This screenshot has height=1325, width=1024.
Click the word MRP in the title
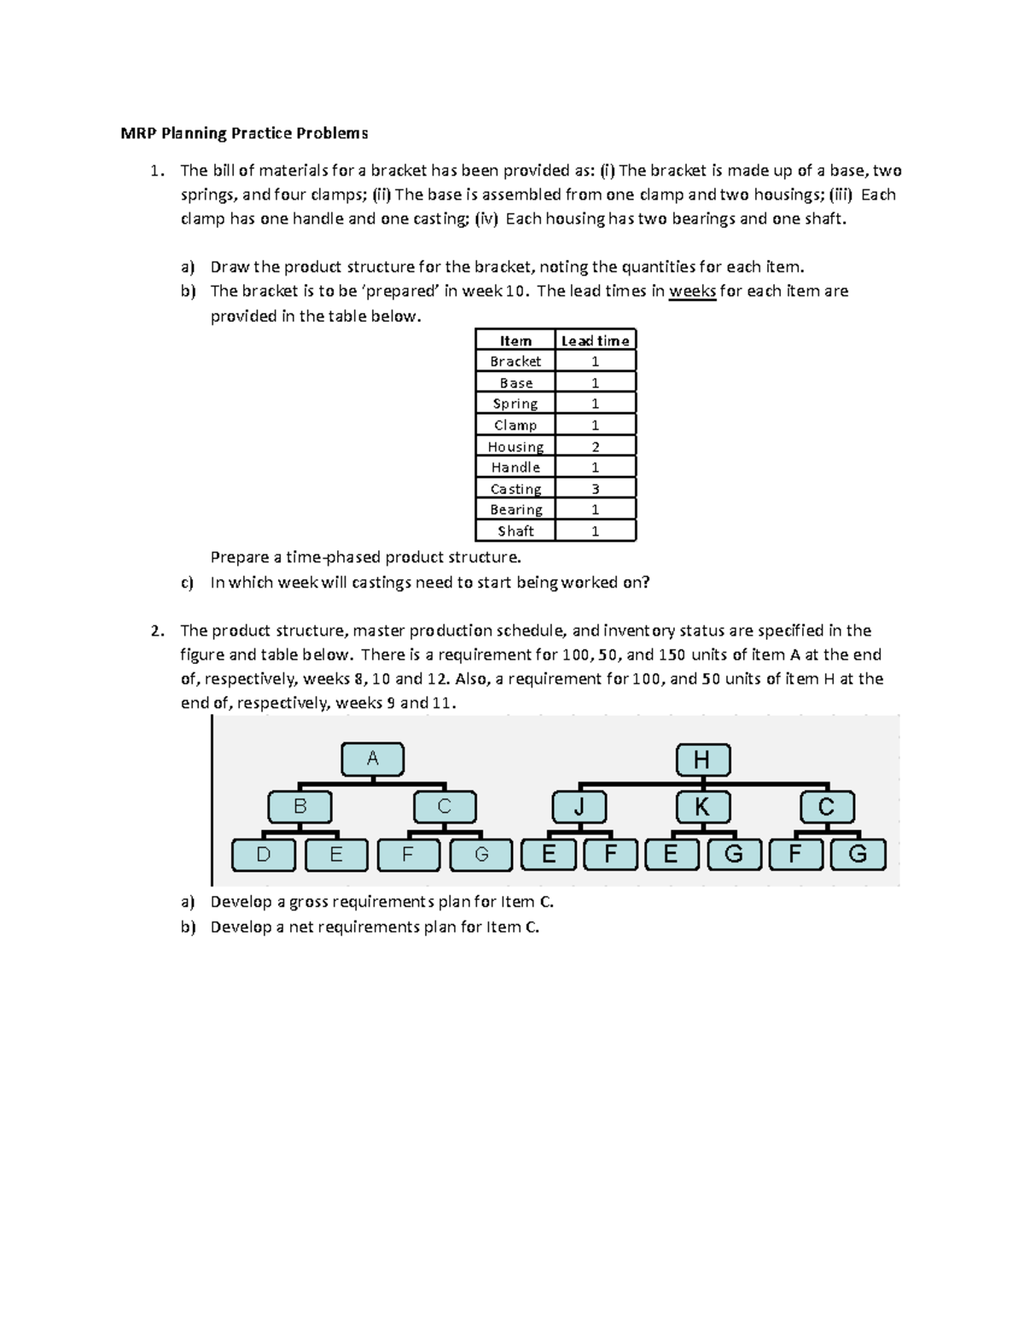click(x=137, y=133)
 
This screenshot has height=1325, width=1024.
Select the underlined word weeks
click(x=692, y=291)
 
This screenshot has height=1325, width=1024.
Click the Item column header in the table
click(x=515, y=340)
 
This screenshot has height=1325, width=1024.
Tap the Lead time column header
click(x=595, y=340)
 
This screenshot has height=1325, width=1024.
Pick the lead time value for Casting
click(x=595, y=489)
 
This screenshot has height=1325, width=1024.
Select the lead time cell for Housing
click(x=595, y=446)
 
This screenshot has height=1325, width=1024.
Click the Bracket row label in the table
click(x=515, y=361)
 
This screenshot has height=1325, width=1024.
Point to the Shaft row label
click(x=515, y=531)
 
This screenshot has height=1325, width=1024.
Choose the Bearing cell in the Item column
click(x=515, y=509)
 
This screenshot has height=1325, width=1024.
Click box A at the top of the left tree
click(x=373, y=758)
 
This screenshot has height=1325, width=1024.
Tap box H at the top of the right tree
click(x=702, y=759)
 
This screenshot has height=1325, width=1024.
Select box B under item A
click(x=300, y=806)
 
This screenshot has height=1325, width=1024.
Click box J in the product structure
click(x=579, y=807)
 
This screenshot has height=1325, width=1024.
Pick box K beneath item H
click(x=702, y=807)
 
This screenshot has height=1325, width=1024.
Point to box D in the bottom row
click(x=264, y=854)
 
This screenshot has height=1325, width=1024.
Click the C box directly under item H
click(x=826, y=807)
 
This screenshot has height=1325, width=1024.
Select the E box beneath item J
click(x=549, y=854)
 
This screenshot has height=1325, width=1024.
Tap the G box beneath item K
click(x=733, y=854)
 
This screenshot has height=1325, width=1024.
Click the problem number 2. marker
click(x=156, y=631)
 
